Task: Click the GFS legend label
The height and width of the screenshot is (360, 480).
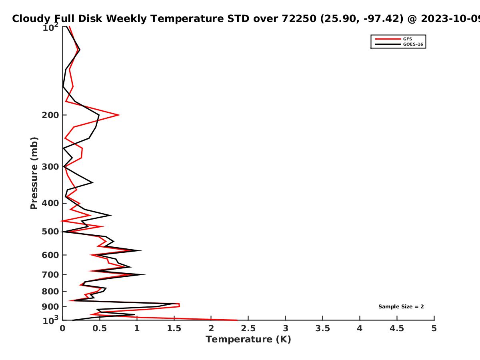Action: (407, 39)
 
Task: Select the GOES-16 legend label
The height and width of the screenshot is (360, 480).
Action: (413, 44)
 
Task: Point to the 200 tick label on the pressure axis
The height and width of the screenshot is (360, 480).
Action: (50, 115)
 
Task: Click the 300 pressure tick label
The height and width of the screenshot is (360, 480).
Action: (50, 167)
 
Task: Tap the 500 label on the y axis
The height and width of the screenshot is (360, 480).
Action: (50, 232)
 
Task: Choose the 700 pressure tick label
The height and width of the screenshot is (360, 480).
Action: (50, 274)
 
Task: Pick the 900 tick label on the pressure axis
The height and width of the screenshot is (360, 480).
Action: (50, 307)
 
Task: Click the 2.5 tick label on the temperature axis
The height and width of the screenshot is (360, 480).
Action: (248, 328)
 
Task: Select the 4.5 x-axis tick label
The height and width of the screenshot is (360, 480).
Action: (397, 328)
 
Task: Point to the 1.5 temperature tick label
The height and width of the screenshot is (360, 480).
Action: (174, 328)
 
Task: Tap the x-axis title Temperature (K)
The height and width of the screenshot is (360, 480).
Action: (248, 340)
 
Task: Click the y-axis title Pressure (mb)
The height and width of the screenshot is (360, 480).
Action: (34, 173)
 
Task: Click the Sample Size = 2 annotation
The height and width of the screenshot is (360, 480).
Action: (401, 307)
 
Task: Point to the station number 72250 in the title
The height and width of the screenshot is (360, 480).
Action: (299, 18)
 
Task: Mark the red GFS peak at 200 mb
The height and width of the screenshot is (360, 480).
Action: (119, 115)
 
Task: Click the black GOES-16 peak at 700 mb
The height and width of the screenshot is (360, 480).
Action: (145, 274)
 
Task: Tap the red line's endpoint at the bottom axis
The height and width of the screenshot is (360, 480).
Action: (237, 320)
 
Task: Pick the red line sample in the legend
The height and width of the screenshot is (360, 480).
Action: (388, 39)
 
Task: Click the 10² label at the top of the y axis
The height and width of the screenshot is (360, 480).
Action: (50, 27)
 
